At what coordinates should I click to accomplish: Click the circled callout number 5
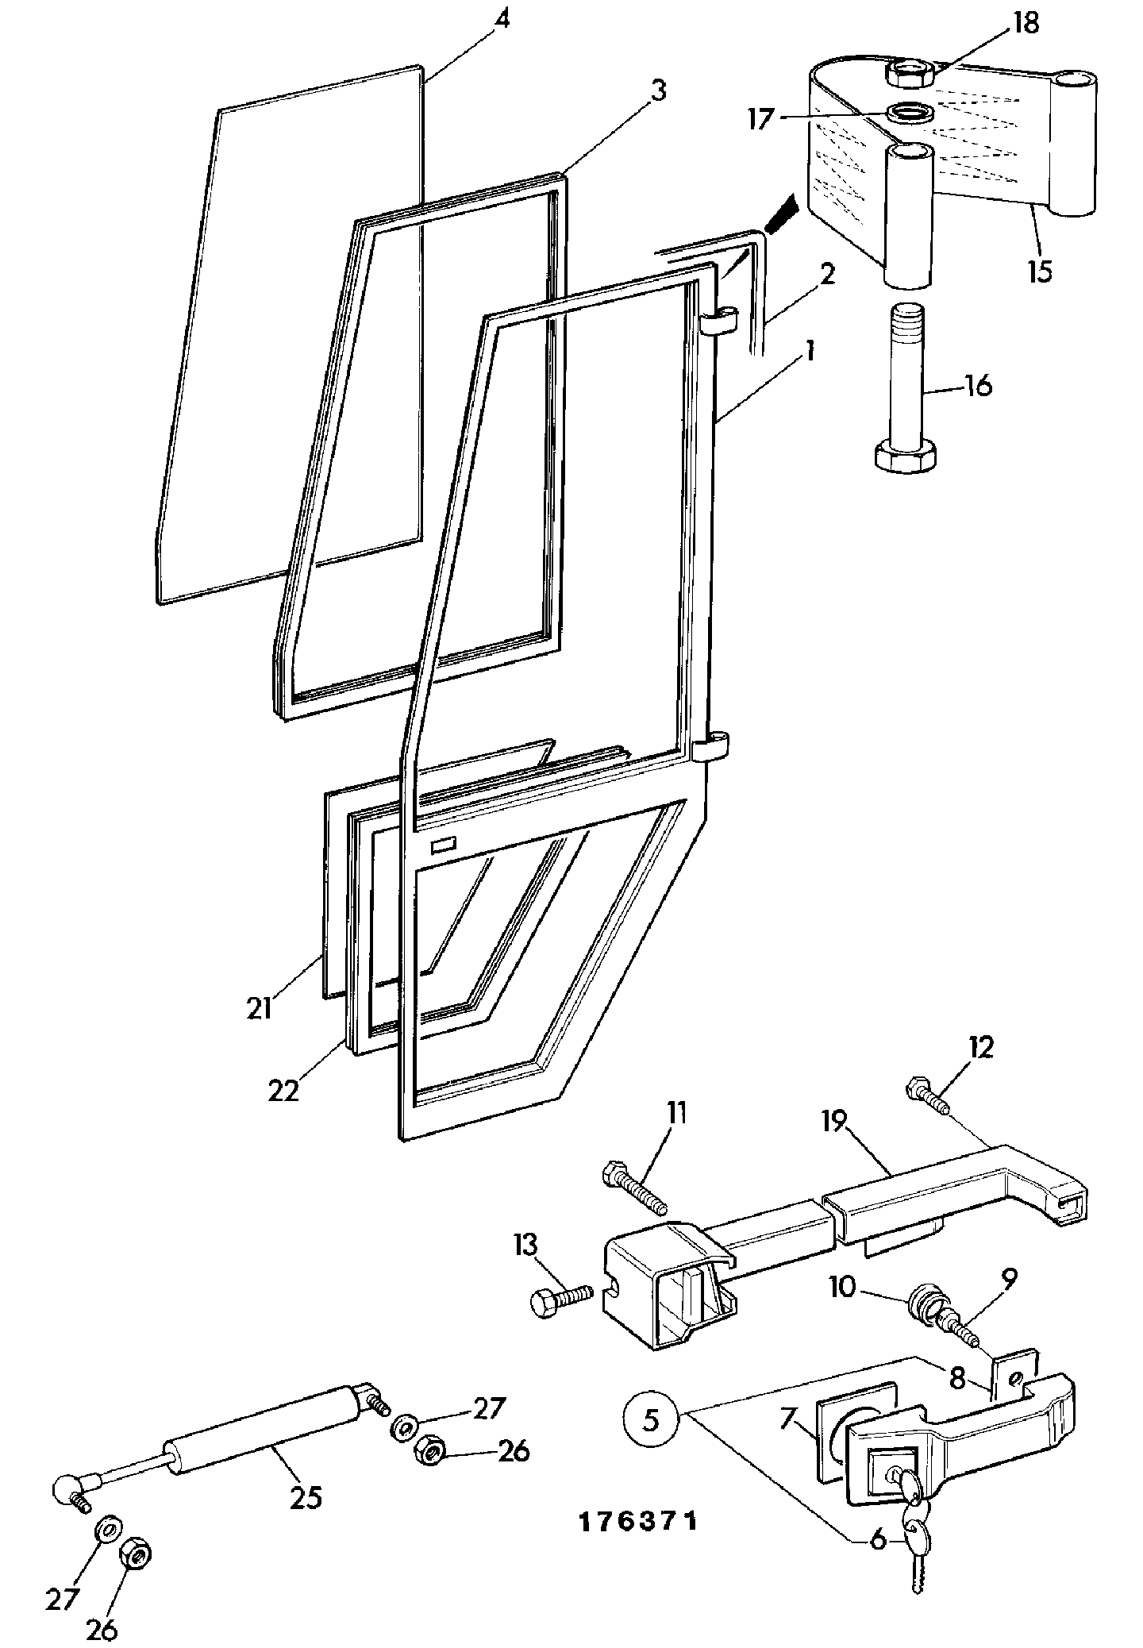[x=650, y=1419]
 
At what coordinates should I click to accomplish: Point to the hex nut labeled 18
[x=910, y=74]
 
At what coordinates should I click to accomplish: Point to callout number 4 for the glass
[x=500, y=18]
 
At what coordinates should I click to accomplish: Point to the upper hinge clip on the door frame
[x=719, y=321]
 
